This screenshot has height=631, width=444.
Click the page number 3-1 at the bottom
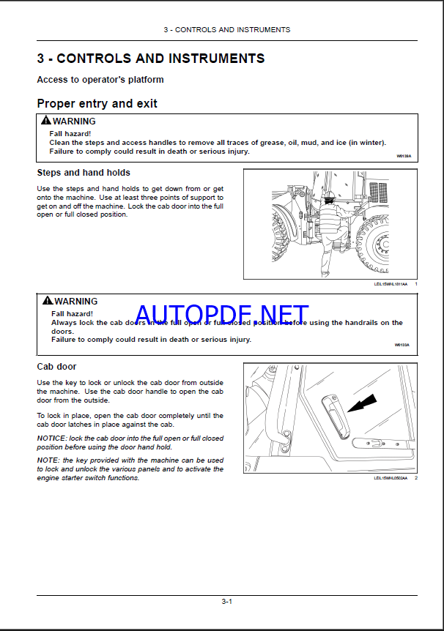[226, 602]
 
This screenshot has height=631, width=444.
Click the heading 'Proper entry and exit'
[97, 104]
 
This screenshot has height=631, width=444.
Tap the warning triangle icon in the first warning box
[46, 121]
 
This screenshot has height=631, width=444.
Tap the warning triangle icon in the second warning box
[48, 301]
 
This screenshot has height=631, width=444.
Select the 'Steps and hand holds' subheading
[84, 173]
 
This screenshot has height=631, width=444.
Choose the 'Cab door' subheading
[56, 366]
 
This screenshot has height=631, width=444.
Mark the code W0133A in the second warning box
[402, 344]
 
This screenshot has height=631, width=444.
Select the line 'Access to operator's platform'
[100, 79]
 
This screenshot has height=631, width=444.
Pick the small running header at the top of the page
[226, 30]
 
